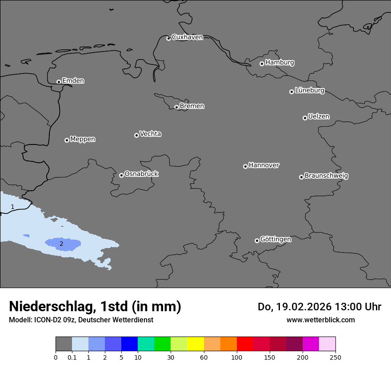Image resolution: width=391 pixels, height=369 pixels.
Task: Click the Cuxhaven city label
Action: tap(187, 37)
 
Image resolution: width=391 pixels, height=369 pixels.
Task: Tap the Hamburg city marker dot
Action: tap(262, 64)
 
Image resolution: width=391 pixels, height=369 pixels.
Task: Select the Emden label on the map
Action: tap(73, 81)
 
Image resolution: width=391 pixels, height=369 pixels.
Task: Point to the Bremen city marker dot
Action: tap(176, 107)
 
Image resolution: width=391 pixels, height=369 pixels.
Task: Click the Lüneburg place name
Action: tap(309, 91)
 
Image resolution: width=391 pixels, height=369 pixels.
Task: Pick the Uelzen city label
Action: tap(319, 117)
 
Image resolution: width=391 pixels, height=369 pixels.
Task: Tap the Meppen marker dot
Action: tap(67, 140)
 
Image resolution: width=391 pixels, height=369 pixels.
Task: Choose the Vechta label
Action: tap(150, 134)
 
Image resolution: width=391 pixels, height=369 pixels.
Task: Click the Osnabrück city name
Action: tap(141, 174)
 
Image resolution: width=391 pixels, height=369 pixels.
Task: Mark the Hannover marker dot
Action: tap(245, 166)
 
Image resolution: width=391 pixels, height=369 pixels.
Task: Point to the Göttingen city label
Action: tap(275, 240)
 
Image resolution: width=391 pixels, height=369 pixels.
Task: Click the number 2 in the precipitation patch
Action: tap(61, 244)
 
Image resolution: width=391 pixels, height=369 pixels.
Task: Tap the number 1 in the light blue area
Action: tap(12, 207)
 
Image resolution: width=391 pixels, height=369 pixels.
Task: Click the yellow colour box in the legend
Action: tap(195, 344)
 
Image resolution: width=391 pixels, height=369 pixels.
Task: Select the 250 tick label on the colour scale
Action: tap(335, 357)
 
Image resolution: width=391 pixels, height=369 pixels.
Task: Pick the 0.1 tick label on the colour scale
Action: tap(72, 357)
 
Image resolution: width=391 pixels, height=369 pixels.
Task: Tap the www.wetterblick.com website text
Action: tap(320, 320)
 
